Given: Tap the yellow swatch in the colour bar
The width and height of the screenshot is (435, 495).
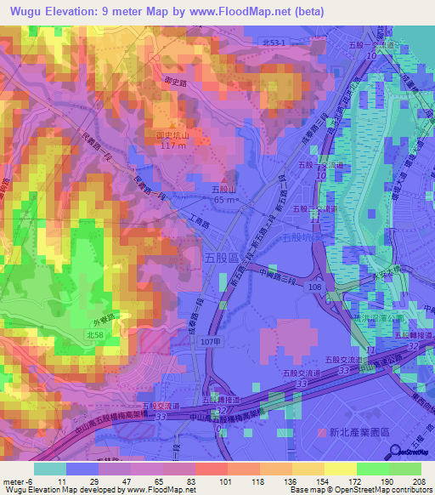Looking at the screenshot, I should coord(341,469).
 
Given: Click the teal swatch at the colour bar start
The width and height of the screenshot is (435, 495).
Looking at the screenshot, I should coord(50,469).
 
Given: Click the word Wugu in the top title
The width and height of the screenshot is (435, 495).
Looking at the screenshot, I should coord(27,11).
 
